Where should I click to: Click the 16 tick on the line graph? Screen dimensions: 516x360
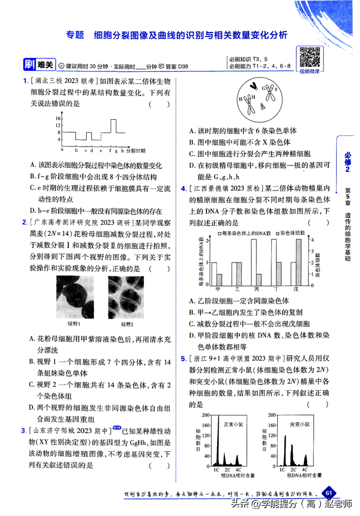pos(58,119)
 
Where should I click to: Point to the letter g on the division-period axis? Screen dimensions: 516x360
pos(114,150)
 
